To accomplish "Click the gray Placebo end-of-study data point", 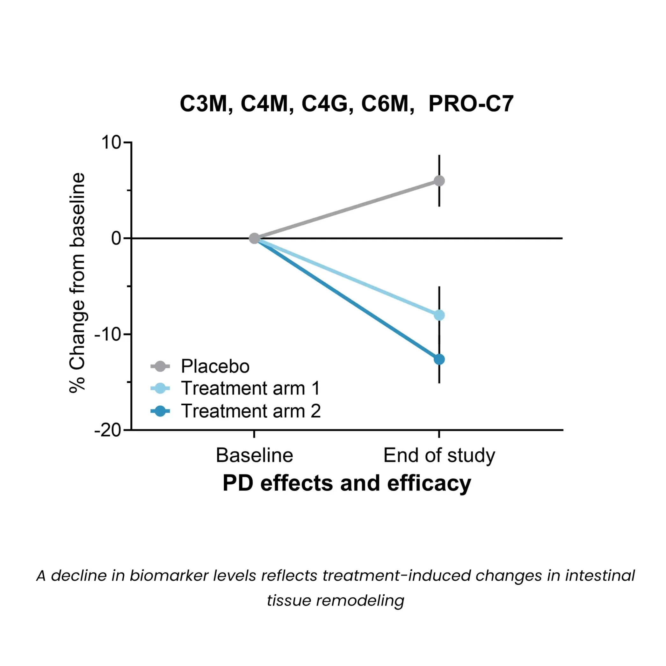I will point(439,181).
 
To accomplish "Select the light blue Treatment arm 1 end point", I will point(439,315).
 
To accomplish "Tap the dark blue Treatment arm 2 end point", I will point(439,359).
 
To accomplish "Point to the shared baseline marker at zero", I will point(254,238).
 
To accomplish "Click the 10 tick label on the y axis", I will point(111,142).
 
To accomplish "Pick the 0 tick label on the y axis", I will point(116,239).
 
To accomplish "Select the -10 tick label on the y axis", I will point(108,334).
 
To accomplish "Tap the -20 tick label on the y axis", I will point(108,430).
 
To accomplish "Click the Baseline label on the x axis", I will point(254,455).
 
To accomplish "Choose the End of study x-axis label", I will point(439,455).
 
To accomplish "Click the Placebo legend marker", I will point(160,366).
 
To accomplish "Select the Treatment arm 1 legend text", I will point(250,388).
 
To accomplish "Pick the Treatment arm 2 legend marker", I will point(160,411).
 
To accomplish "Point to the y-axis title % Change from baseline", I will point(77,283).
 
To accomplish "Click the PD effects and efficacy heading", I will point(346,483).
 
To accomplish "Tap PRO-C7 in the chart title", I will point(471,104).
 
